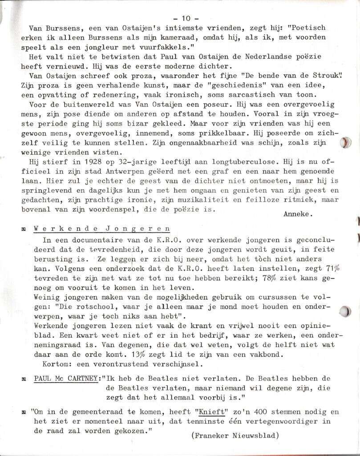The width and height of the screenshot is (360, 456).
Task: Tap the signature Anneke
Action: click(x=298, y=213)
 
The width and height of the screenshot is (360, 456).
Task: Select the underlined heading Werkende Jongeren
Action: click(x=102, y=228)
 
